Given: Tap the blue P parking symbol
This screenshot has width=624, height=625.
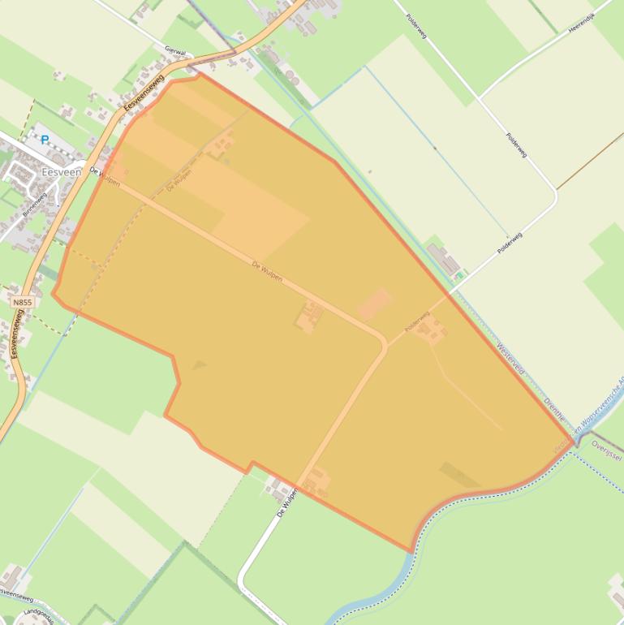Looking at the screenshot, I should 45,140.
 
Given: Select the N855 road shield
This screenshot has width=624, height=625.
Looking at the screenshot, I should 23,302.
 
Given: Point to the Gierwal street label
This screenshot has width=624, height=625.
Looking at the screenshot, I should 174,50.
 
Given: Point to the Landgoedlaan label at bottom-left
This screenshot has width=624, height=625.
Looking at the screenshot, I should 38,616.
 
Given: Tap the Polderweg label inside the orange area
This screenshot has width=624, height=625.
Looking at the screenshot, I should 416,322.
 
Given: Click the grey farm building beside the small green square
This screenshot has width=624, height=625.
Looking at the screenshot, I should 443,259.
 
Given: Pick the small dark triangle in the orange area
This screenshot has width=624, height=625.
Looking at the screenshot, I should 198,365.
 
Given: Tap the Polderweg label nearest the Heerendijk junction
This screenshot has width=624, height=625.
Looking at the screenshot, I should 517,146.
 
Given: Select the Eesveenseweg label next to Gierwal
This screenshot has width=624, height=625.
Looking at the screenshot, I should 144,93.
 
